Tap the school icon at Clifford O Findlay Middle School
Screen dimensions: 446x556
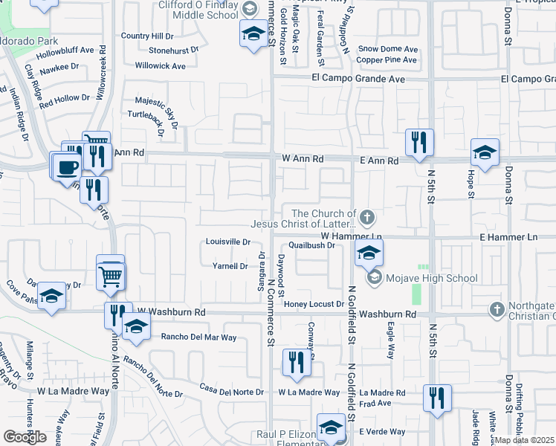click(x=253, y=33)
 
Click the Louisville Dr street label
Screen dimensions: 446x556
click(x=229, y=242)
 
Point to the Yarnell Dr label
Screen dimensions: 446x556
click(x=230, y=266)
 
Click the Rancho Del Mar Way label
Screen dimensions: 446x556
click(x=198, y=337)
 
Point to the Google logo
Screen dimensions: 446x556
click(x=25, y=437)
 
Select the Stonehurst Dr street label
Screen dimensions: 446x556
click(x=175, y=51)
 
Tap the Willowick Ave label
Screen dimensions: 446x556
click(x=161, y=66)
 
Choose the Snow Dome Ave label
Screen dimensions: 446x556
click(x=388, y=49)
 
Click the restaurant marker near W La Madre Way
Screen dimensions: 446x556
click(x=296, y=363)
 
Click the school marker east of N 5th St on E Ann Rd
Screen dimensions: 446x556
click(x=485, y=153)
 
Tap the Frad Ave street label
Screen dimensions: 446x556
click(x=375, y=404)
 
